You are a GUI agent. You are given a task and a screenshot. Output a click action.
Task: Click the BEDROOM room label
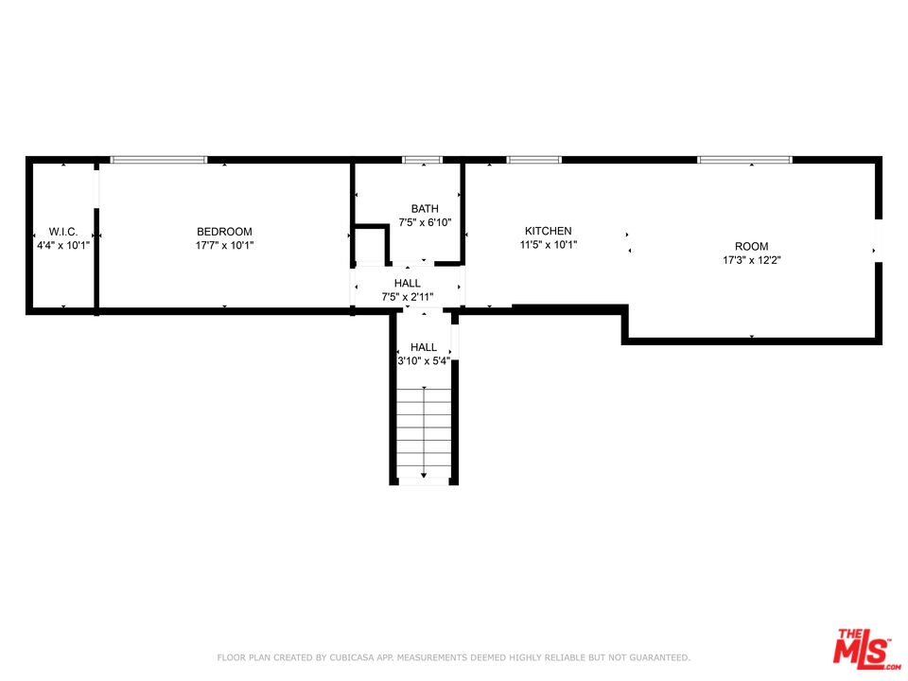(x=224, y=232)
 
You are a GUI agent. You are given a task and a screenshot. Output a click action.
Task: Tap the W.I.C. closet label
(x=63, y=232)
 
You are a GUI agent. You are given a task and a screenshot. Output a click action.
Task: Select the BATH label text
(x=425, y=208)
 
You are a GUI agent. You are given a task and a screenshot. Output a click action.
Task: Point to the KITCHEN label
(x=548, y=231)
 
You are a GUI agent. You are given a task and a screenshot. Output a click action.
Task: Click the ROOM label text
(x=752, y=246)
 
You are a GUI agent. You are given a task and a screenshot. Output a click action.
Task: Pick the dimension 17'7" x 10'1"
(x=224, y=246)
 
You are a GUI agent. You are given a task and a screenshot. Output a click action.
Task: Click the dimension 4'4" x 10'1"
(x=63, y=246)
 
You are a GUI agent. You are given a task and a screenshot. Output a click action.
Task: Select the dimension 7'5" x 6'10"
(x=425, y=222)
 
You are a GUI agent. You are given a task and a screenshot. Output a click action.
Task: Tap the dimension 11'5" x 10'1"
(x=548, y=245)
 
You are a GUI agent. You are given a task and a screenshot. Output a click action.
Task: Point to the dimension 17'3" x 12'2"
(x=752, y=260)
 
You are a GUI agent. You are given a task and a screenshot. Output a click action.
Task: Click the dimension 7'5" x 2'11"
(x=407, y=297)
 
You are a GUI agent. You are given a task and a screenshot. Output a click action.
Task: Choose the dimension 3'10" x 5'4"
(x=424, y=361)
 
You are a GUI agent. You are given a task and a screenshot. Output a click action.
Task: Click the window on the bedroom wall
(x=159, y=160)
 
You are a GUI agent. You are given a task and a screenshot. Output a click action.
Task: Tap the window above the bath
(x=422, y=160)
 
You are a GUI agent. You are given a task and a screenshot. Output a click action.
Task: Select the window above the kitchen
(x=533, y=160)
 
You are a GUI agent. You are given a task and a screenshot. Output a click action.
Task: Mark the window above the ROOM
(x=744, y=160)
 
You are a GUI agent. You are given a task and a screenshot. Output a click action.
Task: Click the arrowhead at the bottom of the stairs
(x=424, y=475)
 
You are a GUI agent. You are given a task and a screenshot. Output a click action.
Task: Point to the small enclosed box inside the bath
(x=371, y=244)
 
